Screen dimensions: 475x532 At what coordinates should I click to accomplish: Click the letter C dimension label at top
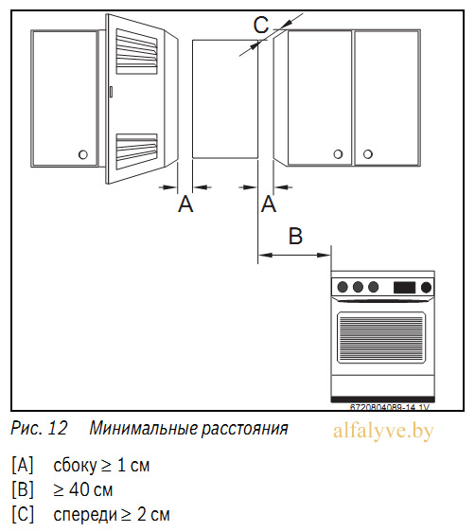pyautogui.click(x=261, y=25)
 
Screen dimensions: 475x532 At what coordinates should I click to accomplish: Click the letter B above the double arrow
pyautogui.click(x=295, y=236)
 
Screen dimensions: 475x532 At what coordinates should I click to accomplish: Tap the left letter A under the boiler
pyautogui.click(x=185, y=204)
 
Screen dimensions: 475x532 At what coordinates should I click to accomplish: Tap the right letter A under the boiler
pyautogui.click(x=269, y=204)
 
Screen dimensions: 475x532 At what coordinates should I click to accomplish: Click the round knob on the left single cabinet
pyautogui.click(x=83, y=154)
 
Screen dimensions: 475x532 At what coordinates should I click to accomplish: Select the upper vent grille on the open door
pyautogui.click(x=136, y=51)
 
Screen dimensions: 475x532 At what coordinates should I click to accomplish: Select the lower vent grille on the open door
pyautogui.click(x=136, y=151)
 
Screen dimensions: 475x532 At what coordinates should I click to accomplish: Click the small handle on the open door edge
pyautogui.click(x=111, y=92)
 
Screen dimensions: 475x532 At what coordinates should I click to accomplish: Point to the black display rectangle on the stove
pyautogui.click(x=404, y=288)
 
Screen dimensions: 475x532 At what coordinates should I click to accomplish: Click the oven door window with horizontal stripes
pyautogui.click(x=381, y=338)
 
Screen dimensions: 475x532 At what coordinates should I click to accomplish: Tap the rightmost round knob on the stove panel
pyautogui.click(x=426, y=288)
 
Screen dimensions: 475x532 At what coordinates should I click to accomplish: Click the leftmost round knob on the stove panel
pyautogui.click(x=343, y=287)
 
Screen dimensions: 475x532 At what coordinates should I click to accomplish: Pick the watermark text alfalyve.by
pyautogui.click(x=383, y=432)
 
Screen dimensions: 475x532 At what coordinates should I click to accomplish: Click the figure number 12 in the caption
pyautogui.click(x=58, y=428)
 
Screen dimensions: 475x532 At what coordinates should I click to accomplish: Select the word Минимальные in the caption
pyautogui.click(x=144, y=428)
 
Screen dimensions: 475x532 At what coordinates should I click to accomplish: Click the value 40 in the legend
pyautogui.click(x=79, y=489)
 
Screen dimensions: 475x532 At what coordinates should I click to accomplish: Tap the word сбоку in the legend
pyautogui.click(x=75, y=466)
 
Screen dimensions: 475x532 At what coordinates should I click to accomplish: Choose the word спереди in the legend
pyautogui.click(x=85, y=515)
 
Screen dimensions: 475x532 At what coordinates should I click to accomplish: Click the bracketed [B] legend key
pyautogui.click(x=23, y=489)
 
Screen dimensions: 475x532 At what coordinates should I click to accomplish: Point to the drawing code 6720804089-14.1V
pyautogui.click(x=390, y=407)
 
